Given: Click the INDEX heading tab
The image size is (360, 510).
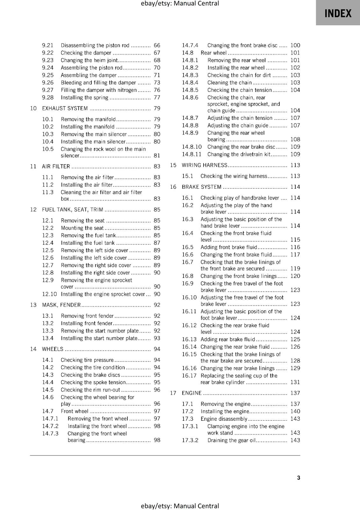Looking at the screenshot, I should [x=338, y=13].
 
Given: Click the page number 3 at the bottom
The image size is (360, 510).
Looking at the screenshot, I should [x=299, y=477].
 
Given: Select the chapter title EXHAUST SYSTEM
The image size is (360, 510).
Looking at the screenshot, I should [x=65, y=108].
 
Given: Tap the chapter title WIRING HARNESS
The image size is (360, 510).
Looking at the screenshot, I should [x=205, y=165].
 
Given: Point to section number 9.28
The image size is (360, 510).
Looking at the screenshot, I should [x=48, y=98].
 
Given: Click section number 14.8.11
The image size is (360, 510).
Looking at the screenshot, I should [x=192, y=154].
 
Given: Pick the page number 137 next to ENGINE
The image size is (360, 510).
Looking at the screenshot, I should [x=295, y=393].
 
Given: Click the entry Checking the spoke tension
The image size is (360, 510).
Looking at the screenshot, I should [x=93, y=382].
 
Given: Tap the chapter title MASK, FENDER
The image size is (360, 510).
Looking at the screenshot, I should [x=61, y=305].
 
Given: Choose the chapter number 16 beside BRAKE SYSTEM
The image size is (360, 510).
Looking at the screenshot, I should [x=173, y=187].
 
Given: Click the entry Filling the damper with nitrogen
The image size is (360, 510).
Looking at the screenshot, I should [x=99, y=90].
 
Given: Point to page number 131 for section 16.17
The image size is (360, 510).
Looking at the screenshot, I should [x=295, y=382].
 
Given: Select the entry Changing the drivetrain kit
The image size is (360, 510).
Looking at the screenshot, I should [x=239, y=154].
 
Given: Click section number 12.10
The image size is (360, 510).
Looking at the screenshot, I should [x=49, y=294].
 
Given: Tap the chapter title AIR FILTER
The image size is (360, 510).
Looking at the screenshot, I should [x=56, y=166].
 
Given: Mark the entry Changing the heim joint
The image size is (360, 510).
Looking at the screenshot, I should [x=89, y=60].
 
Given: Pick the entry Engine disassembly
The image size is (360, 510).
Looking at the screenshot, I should [x=224, y=419].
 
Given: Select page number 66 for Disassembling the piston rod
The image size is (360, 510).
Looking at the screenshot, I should [x=157, y=45].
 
